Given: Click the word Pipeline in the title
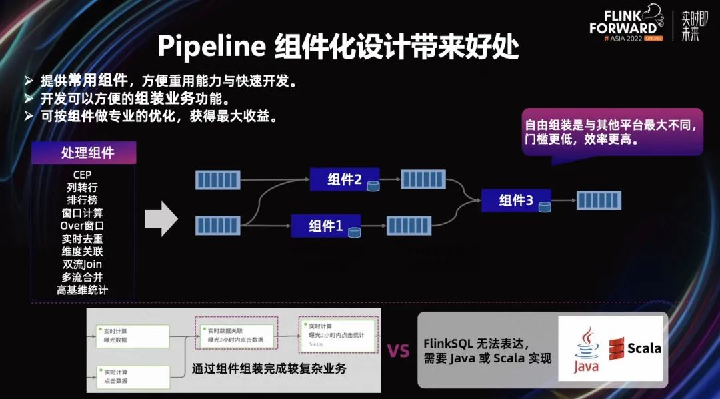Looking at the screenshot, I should click(211, 47).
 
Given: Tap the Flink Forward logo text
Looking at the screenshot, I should click(623, 23).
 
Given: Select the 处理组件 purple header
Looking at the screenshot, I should click(87, 153).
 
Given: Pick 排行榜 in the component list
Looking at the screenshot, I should click(83, 200).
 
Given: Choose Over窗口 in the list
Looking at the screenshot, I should click(83, 226).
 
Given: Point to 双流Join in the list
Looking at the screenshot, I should click(83, 264).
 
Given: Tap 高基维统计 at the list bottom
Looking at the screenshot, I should click(83, 290).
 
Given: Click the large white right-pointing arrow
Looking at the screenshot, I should click(161, 218).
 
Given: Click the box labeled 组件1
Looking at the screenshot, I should click(326, 226).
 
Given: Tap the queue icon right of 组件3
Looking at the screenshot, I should click(599, 200).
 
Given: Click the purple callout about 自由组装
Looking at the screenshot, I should click(612, 132).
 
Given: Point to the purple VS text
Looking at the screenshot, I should click(398, 351).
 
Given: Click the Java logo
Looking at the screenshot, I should click(586, 350).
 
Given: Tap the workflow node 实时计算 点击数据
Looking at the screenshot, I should click(133, 376).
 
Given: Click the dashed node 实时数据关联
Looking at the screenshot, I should click(235, 335).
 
